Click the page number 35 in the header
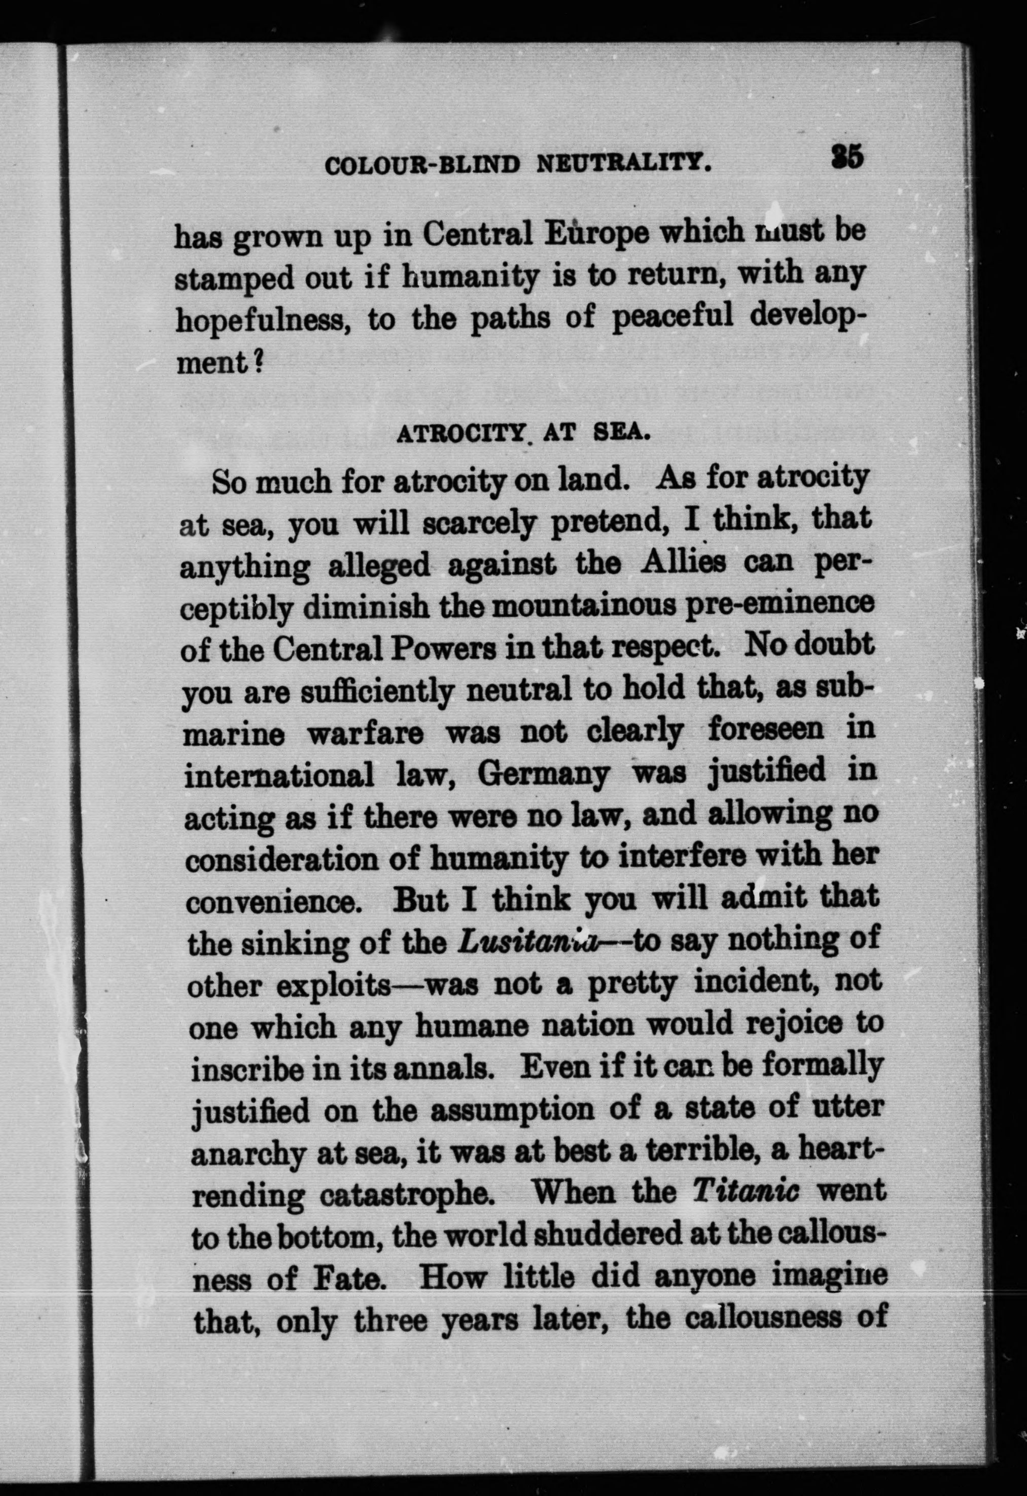(846, 157)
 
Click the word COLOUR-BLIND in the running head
(422, 165)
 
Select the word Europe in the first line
(596, 233)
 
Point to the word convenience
(270, 902)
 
